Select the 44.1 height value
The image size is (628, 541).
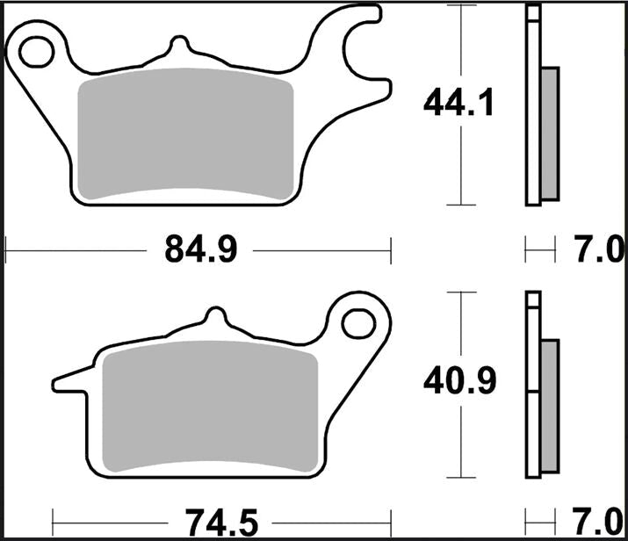tap(458, 104)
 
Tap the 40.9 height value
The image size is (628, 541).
tap(459, 380)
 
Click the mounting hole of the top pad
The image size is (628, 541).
tap(36, 52)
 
